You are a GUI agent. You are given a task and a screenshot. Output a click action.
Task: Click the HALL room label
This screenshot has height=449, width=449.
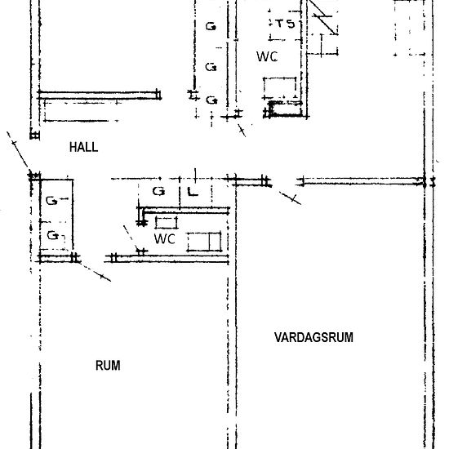click(83, 147)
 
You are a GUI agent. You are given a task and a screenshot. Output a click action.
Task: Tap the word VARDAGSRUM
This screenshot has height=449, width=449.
click(313, 337)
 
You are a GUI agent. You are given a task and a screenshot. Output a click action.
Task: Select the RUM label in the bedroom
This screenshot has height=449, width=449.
click(108, 366)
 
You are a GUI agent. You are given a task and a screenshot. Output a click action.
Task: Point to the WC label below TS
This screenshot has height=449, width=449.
click(267, 56)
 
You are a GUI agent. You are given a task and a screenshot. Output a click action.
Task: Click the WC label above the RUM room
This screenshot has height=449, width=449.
click(165, 239)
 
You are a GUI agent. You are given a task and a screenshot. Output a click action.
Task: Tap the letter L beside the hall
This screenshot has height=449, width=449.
click(193, 192)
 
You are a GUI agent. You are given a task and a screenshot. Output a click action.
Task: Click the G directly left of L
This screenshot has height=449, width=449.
click(159, 191)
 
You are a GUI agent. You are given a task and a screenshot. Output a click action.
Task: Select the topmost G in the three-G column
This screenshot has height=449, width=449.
click(211, 27)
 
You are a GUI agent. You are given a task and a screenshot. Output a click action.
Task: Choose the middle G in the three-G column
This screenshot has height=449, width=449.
click(211, 67)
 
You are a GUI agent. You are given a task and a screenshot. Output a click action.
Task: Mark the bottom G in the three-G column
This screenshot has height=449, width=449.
click(211, 100)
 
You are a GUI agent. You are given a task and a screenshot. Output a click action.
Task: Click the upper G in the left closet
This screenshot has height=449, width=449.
click(52, 201)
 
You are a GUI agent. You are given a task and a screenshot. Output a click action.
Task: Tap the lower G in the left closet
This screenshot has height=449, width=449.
click(53, 236)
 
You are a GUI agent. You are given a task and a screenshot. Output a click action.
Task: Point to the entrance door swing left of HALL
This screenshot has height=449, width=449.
click(17, 149)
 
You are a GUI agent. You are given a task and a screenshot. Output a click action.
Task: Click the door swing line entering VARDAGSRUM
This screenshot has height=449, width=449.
click(290, 198)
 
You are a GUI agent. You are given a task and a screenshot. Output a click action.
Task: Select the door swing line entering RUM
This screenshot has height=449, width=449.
click(96, 272)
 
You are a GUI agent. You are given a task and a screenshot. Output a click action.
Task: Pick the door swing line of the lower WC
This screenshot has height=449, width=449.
click(131, 238)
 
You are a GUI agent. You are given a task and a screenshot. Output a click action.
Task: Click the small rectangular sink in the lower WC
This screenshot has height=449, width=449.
click(167, 223)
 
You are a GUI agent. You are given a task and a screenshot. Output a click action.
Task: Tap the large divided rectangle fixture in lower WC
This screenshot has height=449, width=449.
click(204, 242)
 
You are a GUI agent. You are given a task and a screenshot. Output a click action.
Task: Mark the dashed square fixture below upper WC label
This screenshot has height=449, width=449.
click(280, 88)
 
